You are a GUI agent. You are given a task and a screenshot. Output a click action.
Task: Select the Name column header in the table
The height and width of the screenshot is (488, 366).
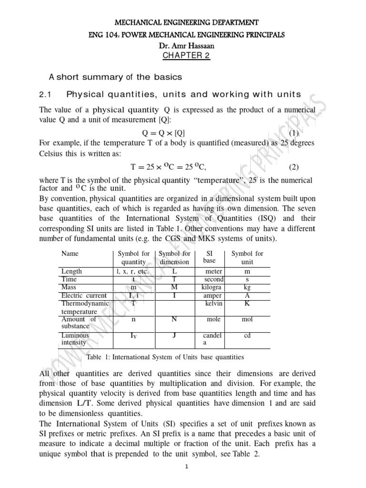70,254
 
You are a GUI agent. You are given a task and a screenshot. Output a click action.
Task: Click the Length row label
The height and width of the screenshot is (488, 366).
71,271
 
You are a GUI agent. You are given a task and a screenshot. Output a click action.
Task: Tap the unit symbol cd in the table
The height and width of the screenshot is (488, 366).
247,335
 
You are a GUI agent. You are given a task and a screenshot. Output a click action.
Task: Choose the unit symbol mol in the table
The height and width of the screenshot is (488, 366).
247,319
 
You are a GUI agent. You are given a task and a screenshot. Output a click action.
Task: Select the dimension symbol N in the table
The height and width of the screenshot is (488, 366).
174,319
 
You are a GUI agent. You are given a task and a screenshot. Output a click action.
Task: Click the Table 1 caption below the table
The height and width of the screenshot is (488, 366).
165,356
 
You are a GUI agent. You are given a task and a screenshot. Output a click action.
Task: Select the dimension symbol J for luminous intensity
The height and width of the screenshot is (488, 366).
174,335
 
